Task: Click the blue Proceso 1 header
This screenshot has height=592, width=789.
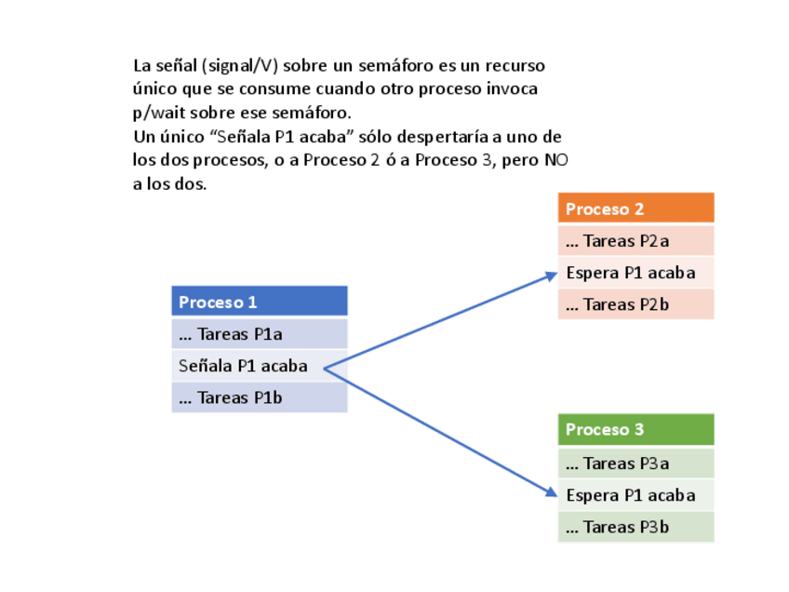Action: click(x=259, y=302)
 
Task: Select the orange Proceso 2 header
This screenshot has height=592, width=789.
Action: click(x=635, y=209)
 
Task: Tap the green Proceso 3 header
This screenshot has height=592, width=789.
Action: click(x=635, y=429)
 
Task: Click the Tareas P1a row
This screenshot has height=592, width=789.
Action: click(x=259, y=334)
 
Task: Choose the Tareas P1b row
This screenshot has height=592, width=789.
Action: click(x=259, y=397)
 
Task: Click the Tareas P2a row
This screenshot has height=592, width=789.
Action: click(x=635, y=241)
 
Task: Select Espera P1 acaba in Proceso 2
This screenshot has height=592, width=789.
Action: click(x=635, y=273)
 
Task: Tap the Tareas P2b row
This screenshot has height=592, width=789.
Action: click(x=635, y=304)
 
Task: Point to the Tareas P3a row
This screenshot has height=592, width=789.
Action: click(x=635, y=464)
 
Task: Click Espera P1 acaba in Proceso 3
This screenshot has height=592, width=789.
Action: click(x=635, y=494)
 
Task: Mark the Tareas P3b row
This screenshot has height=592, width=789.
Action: click(x=635, y=527)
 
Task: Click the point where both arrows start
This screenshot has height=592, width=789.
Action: click(x=324, y=367)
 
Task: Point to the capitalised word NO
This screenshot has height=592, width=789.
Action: click(x=556, y=160)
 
